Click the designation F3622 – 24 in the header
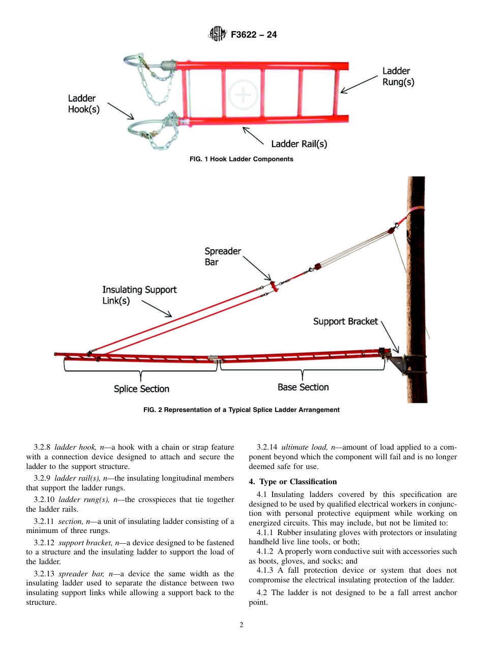[254, 35]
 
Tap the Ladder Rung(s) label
[398, 76]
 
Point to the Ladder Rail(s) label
[298, 144]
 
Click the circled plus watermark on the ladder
[244, 95]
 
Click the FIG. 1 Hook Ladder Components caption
[241, 159]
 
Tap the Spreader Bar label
[222, 256]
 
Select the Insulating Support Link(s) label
[139, 295]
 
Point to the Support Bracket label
[345, 321]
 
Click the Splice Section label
[141, 389]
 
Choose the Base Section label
[303, 387]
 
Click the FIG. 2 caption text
[241, 409]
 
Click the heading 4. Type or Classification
[293, 482]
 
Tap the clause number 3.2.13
[45, 574]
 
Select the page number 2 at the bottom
[242, 625]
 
